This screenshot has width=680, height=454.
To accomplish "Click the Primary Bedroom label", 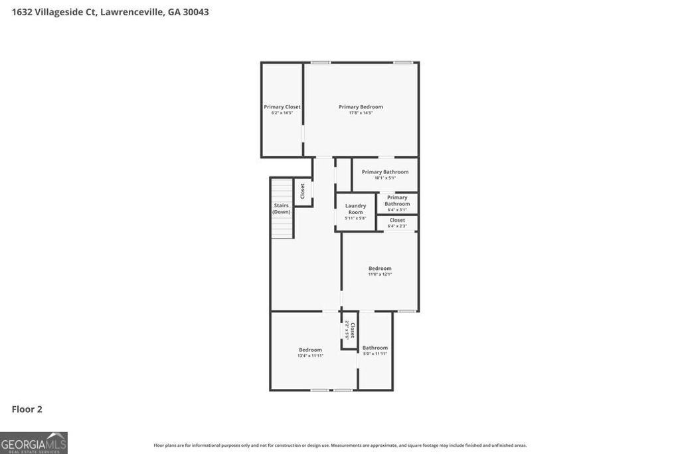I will [361, 106].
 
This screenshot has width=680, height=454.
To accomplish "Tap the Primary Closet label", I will [282, 106].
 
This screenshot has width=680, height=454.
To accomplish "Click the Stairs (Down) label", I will [282, 208].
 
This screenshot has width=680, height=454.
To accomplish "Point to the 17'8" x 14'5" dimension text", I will [361, 113].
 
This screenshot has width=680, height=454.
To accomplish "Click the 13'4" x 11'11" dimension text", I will [310, 356].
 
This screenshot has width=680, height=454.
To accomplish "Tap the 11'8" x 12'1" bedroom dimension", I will [380, 275].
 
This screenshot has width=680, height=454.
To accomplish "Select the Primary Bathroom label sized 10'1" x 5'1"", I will [385, 171].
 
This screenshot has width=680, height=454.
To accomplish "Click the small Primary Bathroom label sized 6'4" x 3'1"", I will [397, 200].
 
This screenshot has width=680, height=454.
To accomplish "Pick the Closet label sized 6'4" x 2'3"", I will [397, 220].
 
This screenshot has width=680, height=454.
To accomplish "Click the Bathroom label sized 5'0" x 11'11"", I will [375, 348].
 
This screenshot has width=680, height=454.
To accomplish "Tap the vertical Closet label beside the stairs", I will [303, 191].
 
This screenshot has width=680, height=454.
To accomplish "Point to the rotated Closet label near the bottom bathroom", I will [352, 330].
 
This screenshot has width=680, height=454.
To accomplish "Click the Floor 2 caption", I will [27, 409].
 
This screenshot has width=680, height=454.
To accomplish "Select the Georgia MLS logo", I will [34, 443].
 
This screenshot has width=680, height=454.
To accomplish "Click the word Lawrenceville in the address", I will [131, 12].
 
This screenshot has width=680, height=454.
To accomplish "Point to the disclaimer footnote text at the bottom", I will [340, 445].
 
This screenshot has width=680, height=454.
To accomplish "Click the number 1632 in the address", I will [23, 12].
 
